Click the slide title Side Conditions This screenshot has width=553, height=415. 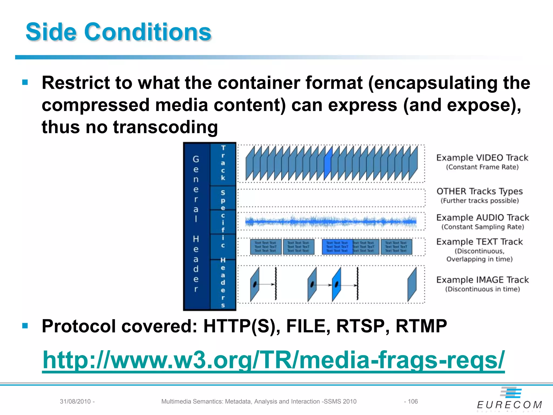coord(118,32)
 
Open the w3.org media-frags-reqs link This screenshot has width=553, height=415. coord(273,360)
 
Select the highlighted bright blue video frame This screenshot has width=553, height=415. coord(328,163)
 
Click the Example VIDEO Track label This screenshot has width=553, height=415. coord(482,158)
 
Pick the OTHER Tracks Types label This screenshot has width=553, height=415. coord(480,191)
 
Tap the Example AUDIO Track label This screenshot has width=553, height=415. coord(483,217)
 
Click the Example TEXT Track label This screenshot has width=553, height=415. coord(480,242)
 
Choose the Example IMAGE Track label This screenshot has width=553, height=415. coord(483,280)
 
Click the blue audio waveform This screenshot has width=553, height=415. coord(331,222)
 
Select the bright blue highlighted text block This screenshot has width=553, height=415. coord(337,247)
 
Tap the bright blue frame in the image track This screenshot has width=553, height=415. coord(336,284)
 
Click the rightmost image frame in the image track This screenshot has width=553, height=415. coord(412,284)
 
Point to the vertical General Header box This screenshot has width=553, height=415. coord(196,226)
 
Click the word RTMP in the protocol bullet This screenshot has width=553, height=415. coord(421,326)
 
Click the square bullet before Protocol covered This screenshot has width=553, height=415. coord(25,326)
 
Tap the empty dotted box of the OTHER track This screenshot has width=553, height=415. coord(331,198)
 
